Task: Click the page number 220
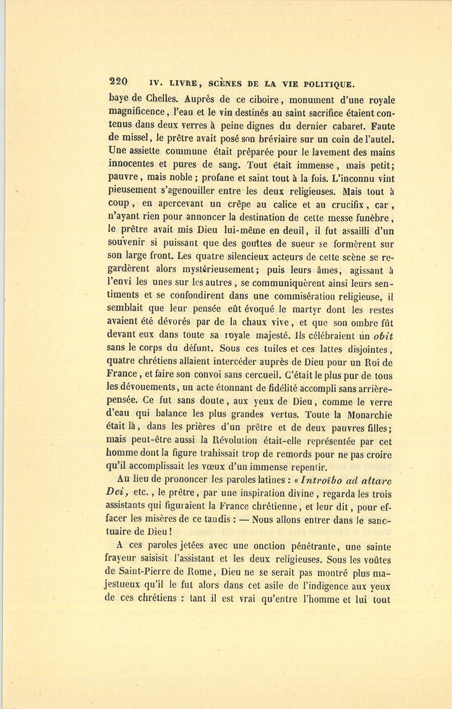pos(119,82)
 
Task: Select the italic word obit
pos(383,335)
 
